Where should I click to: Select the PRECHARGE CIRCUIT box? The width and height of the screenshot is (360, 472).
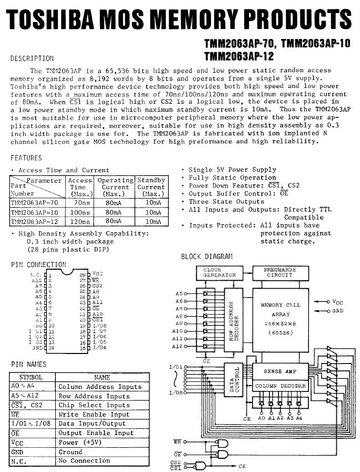(x=279, y=272)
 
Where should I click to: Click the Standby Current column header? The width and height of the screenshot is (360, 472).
(x=151, y=187)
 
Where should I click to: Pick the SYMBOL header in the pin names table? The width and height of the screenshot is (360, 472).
(x=31, y=377)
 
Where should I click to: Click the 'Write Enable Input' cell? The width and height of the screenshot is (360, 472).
(x=94, y=415)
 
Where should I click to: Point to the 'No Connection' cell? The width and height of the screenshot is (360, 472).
(x=84, y=461)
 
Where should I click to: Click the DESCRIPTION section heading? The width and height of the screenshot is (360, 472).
(x=32, y=58)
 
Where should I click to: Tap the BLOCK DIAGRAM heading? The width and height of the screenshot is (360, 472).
(x=206, y=257)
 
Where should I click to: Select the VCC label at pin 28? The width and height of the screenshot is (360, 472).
(x=97, y=274)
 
